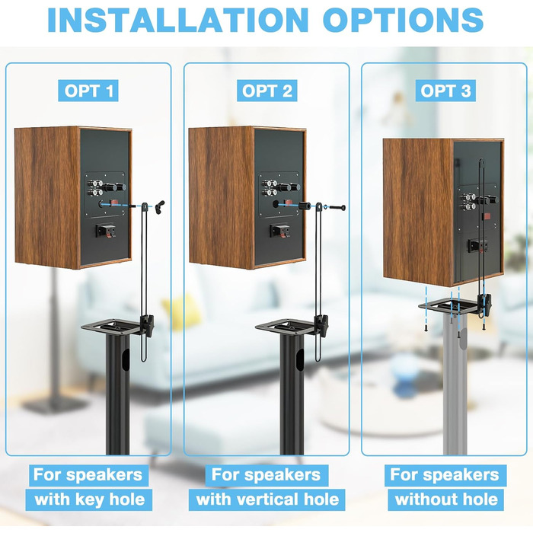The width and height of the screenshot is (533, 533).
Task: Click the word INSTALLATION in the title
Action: point(177,20)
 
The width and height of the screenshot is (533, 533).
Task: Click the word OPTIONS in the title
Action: point(403,20)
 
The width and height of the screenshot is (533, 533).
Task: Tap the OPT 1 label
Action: point(88,91)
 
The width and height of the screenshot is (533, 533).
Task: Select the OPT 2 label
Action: point(266,91)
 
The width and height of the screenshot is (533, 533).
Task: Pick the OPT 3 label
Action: point(445,91)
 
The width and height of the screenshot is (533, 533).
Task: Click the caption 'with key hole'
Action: point(89,499)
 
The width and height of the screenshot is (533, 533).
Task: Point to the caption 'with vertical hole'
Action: point(267,499)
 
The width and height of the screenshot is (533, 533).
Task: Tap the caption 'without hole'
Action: point(446,499)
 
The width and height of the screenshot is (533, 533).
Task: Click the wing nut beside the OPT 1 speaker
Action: point(159,206)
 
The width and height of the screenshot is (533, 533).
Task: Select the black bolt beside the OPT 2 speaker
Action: point(337,207)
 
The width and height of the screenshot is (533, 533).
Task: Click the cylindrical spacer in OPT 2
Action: point(305,206)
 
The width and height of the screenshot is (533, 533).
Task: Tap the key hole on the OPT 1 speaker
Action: point(101,204)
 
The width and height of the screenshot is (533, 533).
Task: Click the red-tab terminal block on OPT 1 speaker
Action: point(105,230)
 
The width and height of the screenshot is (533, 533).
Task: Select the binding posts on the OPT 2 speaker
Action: point(270,187)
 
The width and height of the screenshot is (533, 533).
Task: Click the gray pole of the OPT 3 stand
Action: point(455,384)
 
